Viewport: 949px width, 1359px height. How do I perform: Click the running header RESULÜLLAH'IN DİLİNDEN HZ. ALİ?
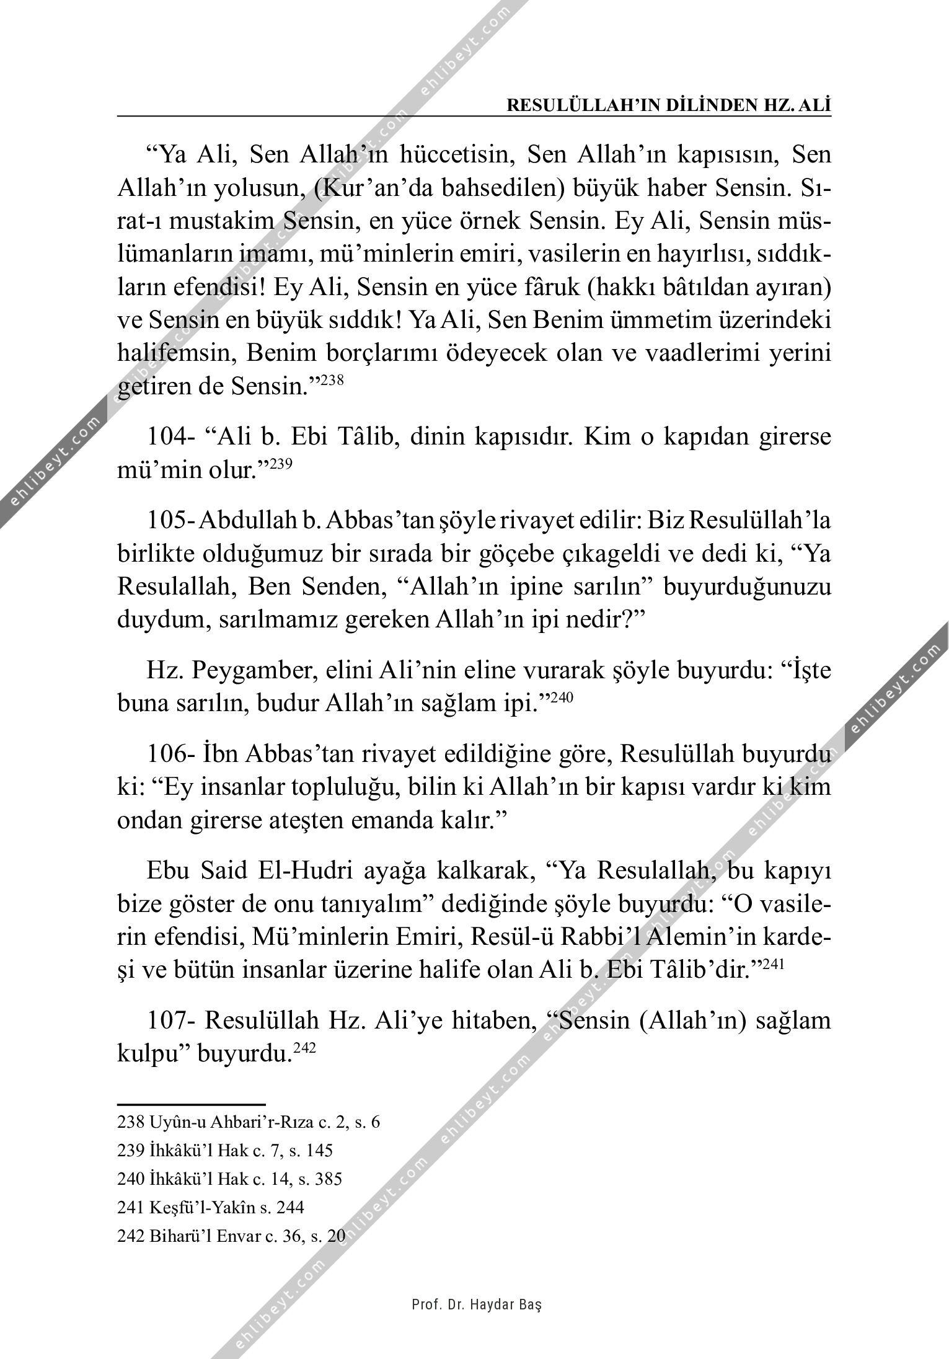(x=669, y=105)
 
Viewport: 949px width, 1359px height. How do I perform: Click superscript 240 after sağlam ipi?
(x=563, y=697)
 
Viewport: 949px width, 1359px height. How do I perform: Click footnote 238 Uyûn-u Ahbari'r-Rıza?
(x=248, y=1122)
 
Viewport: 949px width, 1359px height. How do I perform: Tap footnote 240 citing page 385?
(x=229, y=1179)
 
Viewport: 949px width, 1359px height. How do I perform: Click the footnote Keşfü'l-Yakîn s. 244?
(x=211, y=1207)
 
